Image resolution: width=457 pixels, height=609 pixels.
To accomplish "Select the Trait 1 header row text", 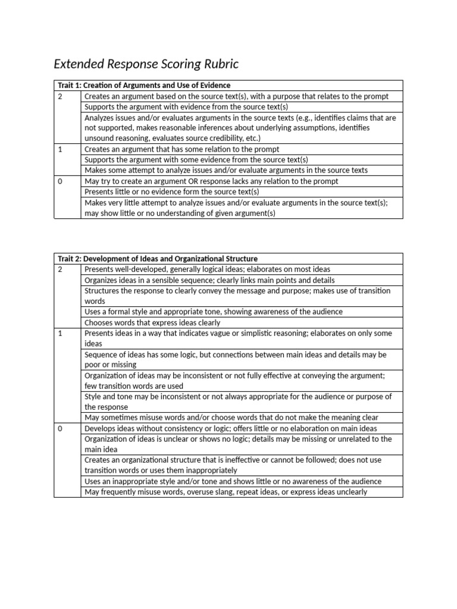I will [143, 85].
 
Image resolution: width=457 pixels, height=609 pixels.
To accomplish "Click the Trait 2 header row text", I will [157, 259].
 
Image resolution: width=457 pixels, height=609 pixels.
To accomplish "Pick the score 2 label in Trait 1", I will [60, 96].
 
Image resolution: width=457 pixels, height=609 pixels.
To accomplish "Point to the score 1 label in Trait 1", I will [60, 149].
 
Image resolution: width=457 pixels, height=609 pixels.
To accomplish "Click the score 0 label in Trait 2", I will [60, 428].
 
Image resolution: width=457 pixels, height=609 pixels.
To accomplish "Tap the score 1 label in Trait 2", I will [60, 333].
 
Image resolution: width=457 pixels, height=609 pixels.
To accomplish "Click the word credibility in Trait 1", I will [212, 139].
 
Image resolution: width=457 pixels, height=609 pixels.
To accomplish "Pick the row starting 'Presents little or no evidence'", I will [173, 192].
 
